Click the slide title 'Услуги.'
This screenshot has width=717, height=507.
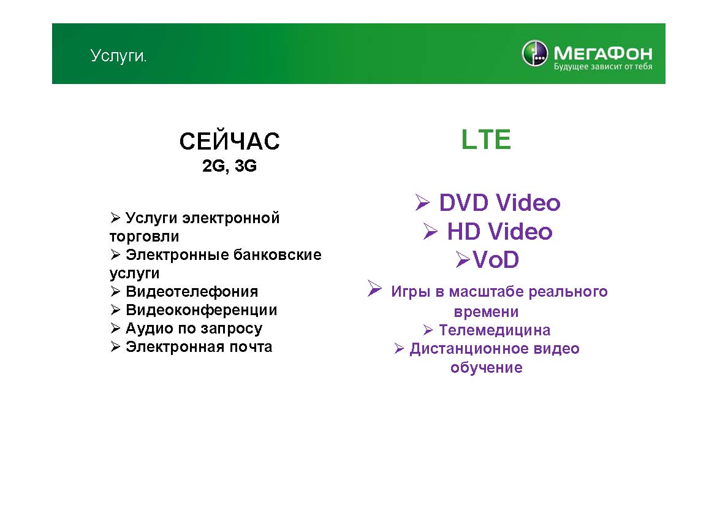[118, 56]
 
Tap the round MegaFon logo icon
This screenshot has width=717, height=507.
[534, 53]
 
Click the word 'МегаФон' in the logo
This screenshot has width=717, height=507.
[602, 53]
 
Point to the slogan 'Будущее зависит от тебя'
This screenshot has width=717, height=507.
[602, 67]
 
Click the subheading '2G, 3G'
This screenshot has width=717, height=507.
[230, 166]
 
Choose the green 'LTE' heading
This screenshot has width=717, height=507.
[485, 139]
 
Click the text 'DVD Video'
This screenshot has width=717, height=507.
[499, 203]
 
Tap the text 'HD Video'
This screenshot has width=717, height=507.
[500, 231]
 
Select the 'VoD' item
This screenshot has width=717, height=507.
[496, 259]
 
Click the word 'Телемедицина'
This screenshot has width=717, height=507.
[495, 330]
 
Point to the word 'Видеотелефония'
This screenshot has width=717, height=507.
[192, 291]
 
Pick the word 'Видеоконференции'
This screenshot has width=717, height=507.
[202, 310]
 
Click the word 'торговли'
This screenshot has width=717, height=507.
[144, 237]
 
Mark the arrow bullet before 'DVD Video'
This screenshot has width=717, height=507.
[422, 202]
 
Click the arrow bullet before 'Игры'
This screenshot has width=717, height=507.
[374, 288]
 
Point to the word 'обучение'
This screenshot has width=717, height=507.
[486, 367]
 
